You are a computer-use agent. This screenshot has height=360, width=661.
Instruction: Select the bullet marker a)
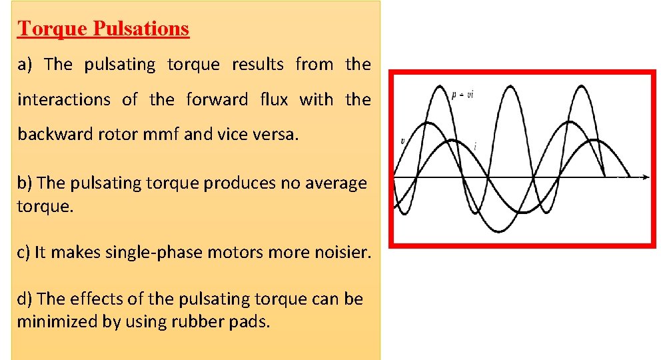25,65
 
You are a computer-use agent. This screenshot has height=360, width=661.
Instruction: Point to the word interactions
64,100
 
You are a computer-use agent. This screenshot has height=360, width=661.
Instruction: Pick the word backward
51,135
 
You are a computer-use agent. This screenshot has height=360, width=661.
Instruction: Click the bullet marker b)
25,183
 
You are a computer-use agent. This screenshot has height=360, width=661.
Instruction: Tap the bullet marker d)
25,299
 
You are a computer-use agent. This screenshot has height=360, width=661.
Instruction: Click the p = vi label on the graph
462,95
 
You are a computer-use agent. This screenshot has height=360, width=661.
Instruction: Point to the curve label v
402,141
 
